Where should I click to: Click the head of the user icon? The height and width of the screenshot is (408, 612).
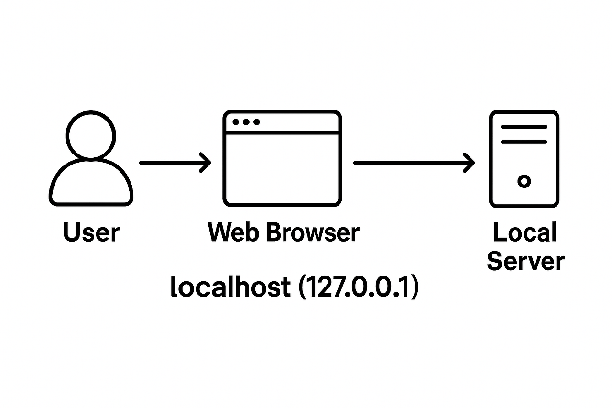click(91, 134)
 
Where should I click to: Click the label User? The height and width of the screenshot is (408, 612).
click(91, 233)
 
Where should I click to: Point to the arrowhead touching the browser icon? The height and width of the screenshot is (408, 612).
click(206, 163)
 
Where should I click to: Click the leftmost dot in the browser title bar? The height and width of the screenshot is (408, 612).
click(235, 122)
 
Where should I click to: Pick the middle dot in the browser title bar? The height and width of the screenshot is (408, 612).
click(246, 122)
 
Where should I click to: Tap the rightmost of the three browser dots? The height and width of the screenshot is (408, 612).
click(257, 122)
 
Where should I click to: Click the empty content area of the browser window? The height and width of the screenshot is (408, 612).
click(282, 167)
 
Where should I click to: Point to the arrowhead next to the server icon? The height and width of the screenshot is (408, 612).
click(470, 163)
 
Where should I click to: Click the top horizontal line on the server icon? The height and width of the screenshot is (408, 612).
click(524, 127)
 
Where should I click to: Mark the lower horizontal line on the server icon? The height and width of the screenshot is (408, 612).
click(524, 142)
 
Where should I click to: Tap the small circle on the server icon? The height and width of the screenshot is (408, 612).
click(525, 181)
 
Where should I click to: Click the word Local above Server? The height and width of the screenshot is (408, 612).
click(525, 233)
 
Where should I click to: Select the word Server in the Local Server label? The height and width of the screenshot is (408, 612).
click(525, 262)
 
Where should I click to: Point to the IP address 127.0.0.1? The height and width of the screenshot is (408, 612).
click(359, 287)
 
